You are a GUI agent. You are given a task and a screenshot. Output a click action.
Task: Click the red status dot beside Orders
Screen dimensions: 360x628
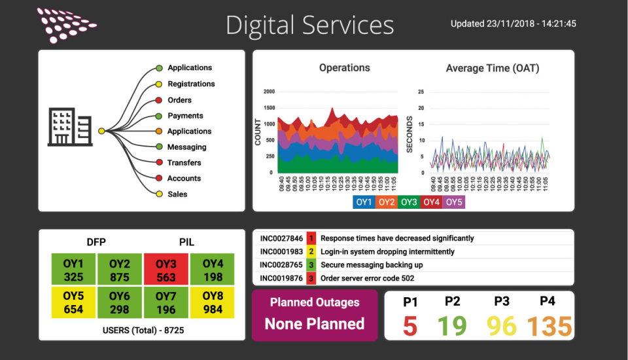tap(159, 100)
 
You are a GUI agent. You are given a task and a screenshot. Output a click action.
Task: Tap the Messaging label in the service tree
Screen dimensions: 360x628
tap(186, 147)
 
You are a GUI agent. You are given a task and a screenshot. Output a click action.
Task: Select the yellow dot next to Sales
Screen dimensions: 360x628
tap(159, 194)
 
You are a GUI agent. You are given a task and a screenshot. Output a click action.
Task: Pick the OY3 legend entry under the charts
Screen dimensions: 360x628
tap(409, 202)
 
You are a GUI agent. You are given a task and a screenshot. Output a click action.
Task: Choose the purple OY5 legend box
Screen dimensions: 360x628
tap(453, 202)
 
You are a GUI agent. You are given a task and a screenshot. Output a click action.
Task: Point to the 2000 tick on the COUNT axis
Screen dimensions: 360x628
tap(269, 92)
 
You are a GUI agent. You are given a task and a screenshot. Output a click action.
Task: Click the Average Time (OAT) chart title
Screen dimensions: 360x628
tap(493, 68)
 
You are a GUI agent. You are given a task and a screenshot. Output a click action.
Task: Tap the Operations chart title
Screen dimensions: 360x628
tap(345, 68)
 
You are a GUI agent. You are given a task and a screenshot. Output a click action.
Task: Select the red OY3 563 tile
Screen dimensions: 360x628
tap(166, 270)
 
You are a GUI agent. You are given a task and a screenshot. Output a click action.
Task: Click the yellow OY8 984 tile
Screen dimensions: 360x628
tap(213, 302)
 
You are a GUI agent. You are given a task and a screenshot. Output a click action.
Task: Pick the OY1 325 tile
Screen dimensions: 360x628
tap(73, 270)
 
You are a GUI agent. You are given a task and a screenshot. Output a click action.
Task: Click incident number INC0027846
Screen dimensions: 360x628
tap(281, 238)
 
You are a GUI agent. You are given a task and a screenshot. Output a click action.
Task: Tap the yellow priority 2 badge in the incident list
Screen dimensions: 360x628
tap(311, 252)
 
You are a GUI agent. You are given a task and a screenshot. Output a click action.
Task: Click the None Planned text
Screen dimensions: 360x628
tap(315, 323)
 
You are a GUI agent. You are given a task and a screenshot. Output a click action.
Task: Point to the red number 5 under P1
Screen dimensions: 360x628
tap(410, 325)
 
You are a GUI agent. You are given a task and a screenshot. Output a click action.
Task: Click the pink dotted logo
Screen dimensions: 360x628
tap(65, 25)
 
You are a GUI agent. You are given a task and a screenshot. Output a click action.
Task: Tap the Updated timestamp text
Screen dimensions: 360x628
tap(513, 24)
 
